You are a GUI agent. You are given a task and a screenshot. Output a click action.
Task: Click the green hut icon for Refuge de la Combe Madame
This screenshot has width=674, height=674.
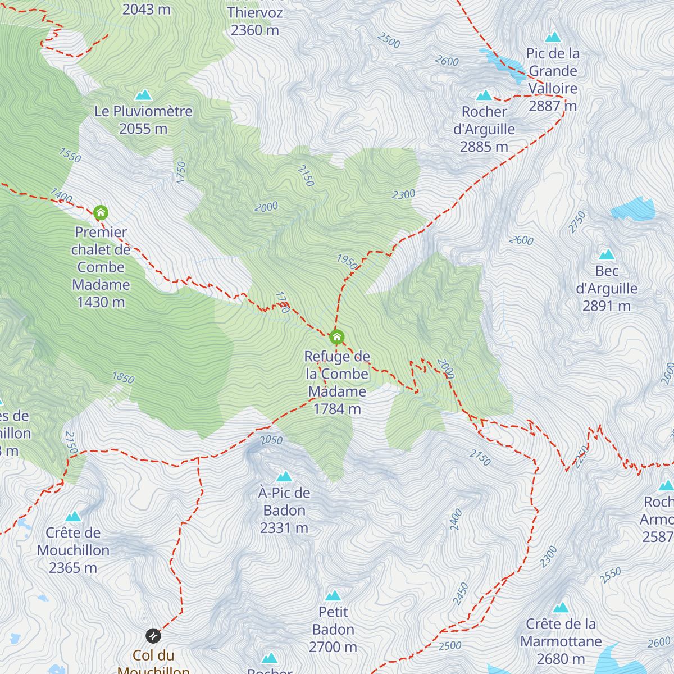pos(336,337)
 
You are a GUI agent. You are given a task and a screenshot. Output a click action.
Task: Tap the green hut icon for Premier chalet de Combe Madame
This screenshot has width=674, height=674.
pos(101,213)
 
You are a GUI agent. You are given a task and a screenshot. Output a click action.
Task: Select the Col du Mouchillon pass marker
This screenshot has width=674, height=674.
pos(153,636)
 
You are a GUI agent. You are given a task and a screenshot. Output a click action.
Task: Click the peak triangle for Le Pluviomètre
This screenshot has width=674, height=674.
pos(144,95)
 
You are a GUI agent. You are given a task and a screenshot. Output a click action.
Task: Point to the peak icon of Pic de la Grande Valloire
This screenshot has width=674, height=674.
pos(553,37)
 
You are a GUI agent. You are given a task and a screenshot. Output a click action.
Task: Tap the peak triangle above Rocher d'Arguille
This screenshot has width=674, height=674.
pos(484,95)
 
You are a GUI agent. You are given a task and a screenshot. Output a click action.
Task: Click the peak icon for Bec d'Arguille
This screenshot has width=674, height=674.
pos(607,254)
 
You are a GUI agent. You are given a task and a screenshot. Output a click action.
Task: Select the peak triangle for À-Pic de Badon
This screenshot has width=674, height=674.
pos(284,477)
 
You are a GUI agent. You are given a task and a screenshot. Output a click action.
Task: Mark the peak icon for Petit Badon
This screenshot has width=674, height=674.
pos(333,595)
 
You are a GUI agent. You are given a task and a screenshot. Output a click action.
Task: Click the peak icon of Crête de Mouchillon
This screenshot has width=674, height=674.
pos(73,517)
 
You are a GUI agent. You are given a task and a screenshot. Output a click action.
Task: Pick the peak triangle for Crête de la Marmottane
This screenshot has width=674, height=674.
pos(561,608)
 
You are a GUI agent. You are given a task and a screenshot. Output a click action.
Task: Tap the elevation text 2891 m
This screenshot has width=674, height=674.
pos(607,306)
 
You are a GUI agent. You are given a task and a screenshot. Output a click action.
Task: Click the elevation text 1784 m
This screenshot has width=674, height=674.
pos(337,409)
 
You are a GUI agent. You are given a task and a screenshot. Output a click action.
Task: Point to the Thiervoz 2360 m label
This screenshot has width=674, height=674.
pos(255,21)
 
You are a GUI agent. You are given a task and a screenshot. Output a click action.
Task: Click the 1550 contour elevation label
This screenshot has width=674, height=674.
pos(70,155)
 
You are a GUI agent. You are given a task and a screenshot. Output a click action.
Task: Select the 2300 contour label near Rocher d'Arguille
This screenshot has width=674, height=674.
pos(403,194)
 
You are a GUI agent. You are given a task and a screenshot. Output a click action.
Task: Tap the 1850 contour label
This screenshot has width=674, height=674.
pos(123,377)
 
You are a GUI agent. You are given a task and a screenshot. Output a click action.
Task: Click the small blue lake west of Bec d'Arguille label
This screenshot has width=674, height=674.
pos(634,209)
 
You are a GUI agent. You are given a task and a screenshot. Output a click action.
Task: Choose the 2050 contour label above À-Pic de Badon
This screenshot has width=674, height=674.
pos(271,440)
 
